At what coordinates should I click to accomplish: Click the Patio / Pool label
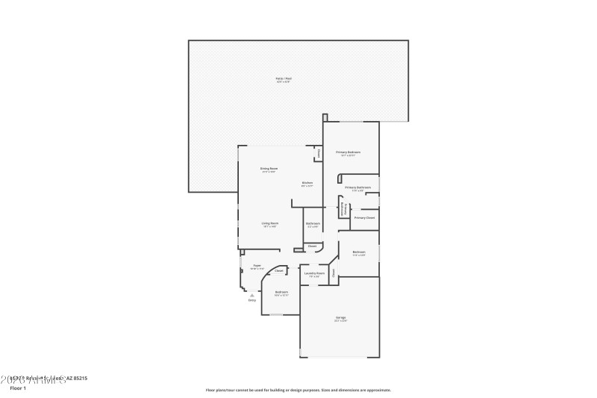(x=283, y=78)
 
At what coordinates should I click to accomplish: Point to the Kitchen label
(x=307, y=183)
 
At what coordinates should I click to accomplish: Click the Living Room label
(x=269, y=223)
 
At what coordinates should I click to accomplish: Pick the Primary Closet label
(x=364, y=217)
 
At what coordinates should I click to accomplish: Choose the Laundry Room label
(x=314, y=273)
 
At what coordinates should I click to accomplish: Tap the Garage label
(x=340, y=317)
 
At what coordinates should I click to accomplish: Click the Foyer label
(x=257, y=265)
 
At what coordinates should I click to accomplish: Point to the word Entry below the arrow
(x=251, y=300)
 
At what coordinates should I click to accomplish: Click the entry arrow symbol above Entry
(x=251, y=295)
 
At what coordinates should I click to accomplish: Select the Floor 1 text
(x=18, y=388)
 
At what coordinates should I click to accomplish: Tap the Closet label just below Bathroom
(x=312, y=246)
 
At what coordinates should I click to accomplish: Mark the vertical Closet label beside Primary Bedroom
(x=319, y=154)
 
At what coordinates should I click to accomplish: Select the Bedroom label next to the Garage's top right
(x=358, y=252)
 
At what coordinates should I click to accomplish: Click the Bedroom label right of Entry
(x=281, y=291)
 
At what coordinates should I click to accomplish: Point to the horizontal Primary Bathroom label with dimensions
(x=358, y=187)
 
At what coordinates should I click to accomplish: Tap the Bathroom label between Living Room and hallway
(x=313, y=223)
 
